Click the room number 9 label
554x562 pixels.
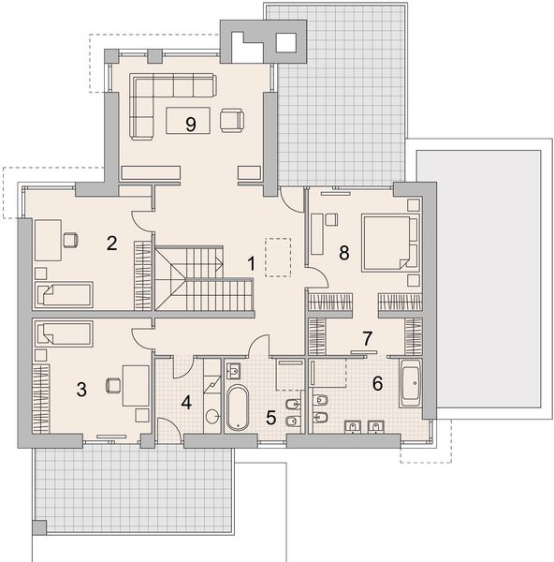point(191,125)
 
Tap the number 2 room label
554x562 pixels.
point(111,244)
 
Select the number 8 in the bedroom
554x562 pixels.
point(343,253)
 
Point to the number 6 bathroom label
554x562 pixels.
point(377,383)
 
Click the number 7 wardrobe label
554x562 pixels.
point(368,339)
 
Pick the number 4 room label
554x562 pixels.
point(186,403)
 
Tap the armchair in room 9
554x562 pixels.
point(232,121)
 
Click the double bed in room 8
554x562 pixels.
point(390,243)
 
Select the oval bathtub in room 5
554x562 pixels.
point(238,407)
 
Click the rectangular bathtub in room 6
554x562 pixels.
point(411,383)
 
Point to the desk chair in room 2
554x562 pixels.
point(71,240)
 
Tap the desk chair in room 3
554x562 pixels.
point(113,385)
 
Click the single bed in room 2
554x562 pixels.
point(64,295)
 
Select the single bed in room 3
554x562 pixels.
point(64,333)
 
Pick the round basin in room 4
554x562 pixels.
point(212,417)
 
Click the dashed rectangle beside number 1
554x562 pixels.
point(278,257)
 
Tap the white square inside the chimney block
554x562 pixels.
point(286,43)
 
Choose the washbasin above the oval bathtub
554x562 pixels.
point(234,371)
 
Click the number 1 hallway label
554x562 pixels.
point(252,263)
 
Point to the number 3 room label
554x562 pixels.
point(81,390)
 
